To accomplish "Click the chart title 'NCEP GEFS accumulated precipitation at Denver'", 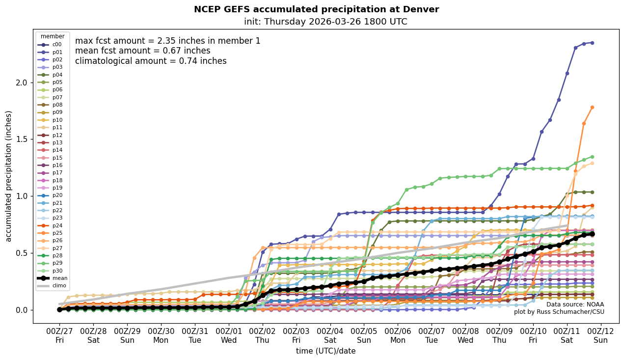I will tap(316, 9).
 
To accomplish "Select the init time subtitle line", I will tap(325, 22).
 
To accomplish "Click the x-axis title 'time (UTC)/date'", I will tap(326, 351).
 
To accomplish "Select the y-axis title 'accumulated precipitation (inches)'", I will tap(9, 176).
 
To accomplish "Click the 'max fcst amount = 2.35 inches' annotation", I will tap(167, 41).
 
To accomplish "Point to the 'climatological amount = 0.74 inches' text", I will tap(151, 61).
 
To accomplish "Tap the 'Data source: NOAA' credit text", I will tap(575, 305).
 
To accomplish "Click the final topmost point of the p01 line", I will tap(592, 43).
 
